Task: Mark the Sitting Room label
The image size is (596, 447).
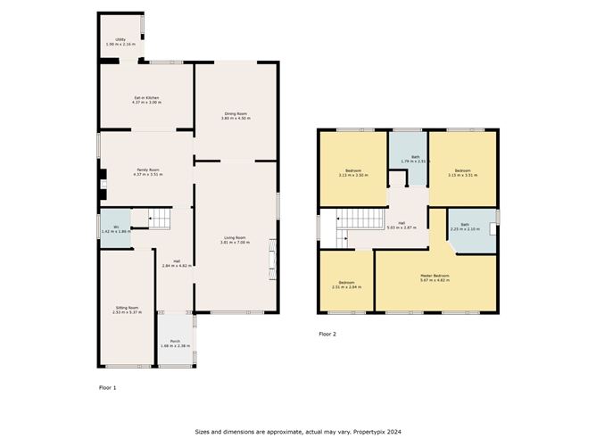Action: coord(128,310)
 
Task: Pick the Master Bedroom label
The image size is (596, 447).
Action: coord(435,277)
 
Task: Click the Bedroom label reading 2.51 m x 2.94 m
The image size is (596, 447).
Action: coord(345,285)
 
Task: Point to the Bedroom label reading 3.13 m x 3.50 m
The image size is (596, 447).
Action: coord(354,172)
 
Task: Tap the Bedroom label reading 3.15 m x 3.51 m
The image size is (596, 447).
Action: coord(462,172)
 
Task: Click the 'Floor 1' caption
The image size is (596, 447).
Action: coord(107,388)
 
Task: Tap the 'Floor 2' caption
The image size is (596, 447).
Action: coord(328,334)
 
